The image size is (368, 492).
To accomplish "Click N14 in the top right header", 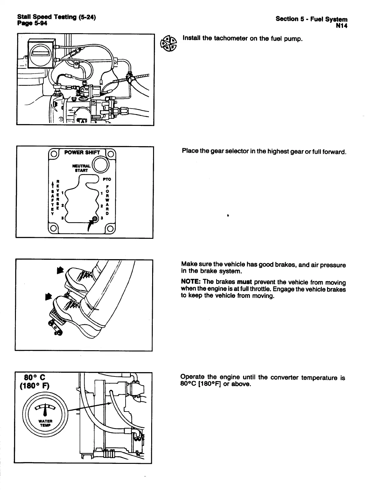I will pos(341,26).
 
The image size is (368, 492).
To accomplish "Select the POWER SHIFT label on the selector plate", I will pos(82,152).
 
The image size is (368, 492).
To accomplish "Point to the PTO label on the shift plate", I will pos(107,179).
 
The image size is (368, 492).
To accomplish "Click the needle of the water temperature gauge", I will pos(46,411).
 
